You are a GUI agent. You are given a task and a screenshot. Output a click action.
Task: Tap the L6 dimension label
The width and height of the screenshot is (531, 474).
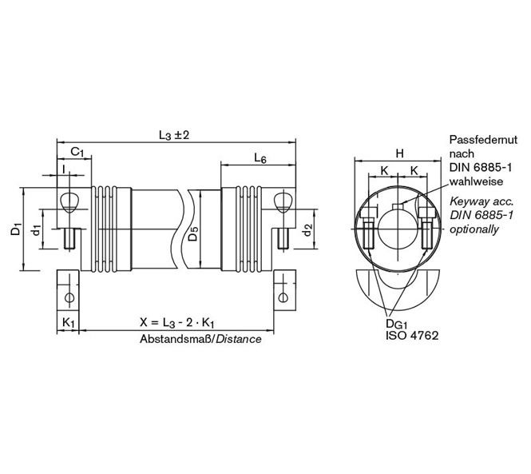(x=260, y=158)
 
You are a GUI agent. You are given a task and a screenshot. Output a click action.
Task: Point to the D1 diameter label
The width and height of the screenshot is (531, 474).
(x=15, y=229)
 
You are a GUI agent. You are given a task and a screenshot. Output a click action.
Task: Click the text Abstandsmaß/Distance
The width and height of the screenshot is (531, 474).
(x=201, y=339)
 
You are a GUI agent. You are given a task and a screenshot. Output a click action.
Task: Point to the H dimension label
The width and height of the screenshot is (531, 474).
(x=398, y=153)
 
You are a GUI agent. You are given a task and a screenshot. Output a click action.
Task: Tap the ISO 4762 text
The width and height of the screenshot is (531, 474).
(x=412, y=337)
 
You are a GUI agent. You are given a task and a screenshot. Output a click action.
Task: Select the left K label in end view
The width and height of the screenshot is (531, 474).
(x=383, y=170)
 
